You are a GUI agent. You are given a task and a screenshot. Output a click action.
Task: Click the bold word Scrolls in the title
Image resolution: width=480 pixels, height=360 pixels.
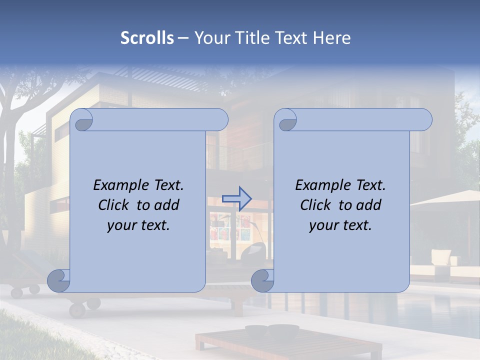(x=147, y=38)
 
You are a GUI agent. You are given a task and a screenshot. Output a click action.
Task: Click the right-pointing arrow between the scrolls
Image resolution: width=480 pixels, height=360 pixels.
(x=236, y=198)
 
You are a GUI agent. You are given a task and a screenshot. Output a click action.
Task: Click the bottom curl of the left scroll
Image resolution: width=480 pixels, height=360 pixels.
(x=58, y=280)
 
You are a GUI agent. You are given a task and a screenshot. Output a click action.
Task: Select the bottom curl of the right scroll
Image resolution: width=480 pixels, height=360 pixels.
(x=262, y=280)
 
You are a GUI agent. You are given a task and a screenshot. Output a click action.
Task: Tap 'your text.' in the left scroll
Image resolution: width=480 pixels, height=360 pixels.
(x=138, y=225)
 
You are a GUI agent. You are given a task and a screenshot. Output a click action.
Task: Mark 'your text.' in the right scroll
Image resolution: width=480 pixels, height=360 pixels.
(x=340, y=225)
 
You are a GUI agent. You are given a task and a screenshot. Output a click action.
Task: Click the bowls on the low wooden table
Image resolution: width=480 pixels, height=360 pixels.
(x=272, y=330)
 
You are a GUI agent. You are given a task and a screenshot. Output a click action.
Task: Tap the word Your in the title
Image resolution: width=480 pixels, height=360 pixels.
(x=210, y=38)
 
